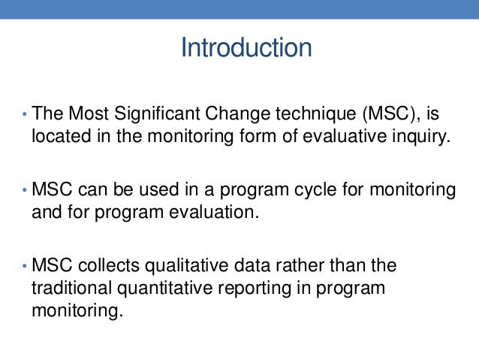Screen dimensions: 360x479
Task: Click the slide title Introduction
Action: (246, 48)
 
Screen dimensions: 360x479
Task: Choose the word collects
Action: (107, 265)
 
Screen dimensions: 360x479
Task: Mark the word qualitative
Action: (180, 265)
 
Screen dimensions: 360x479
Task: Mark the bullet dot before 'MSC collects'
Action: (23, 266)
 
